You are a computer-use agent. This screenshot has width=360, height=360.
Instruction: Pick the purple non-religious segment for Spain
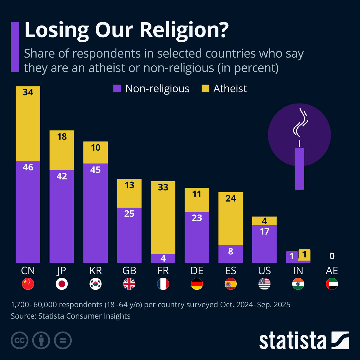[230, 254]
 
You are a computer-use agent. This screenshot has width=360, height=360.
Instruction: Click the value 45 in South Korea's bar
[95, 170]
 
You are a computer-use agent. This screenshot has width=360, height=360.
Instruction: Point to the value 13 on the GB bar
[129, 185]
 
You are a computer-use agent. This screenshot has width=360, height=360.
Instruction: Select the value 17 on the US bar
[264, 231]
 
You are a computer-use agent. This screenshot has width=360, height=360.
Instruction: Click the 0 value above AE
[332, 256]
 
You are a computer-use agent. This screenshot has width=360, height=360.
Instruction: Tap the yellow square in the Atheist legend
[205, 88]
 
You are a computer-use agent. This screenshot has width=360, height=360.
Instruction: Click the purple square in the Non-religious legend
[117, 88]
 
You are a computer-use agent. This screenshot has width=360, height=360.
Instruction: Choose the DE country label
[197, 271]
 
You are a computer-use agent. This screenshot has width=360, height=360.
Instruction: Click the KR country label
[95, 271]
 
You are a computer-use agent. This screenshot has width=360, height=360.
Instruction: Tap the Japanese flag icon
[62, 284]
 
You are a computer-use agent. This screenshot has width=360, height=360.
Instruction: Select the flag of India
[298, 284]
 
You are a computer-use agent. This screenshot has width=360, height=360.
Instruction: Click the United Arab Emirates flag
[332, 284]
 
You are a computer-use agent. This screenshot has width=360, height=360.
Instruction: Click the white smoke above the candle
[300, 123]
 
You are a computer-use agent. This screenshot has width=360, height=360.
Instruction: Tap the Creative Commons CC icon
[19, 340]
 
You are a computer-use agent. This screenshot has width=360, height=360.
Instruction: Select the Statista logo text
[292, 341]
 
